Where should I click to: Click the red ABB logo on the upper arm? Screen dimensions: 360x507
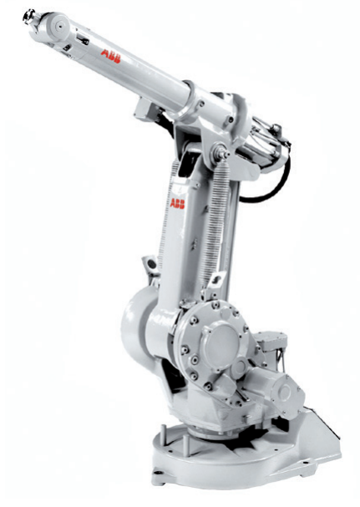click(110, 56)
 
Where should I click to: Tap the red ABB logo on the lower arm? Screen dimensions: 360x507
click(177, 203)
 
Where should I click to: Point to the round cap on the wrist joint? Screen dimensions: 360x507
click(60, 25)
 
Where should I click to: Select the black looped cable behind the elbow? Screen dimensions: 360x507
click(271, 185)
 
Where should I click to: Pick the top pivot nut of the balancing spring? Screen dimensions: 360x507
click(221, 153)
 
